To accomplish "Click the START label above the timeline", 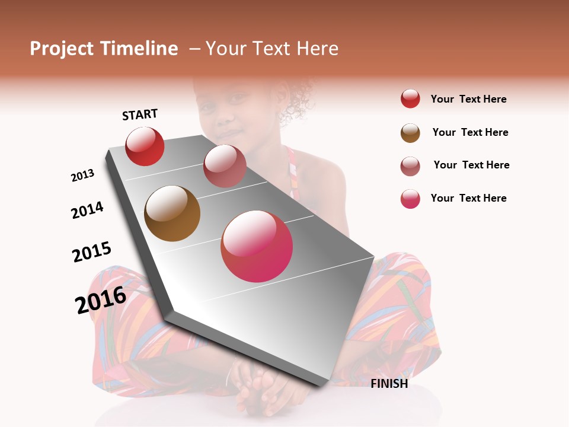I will pyautogui.click(x=140, y=114).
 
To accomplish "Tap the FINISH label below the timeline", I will pyautogui.click(x=389, y=384).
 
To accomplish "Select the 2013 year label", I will pyautogui.click(x=82, y=176).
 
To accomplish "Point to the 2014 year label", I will pyautogui.click(x=87, y=210).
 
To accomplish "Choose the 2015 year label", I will pyautogui.click(x=92, y=252).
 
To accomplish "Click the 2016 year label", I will pyautogui.click(x=101, y=300).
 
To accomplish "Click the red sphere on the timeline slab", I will pyautogui.click(x=145, y=146).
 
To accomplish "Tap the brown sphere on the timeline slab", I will pyautogui.click(x=172, y=213).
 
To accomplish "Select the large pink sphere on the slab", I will pyautogui.click(x=257, y=246).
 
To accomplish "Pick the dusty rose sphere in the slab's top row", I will pyautogui.click(x=225, y=166).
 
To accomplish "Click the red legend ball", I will pyautogui.click(x=410, y=99).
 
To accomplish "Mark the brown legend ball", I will pyautogui.click(x=410, y=133).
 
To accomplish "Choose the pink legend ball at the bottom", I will pyautogui.click(x=410, y=199).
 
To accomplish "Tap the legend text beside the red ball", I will pyautogui.click(x=468, y=99).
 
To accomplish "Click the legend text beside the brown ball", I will pyautogui.click(x=470, y=132).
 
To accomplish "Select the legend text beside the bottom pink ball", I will pyautogui.click(x=468, y=198).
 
